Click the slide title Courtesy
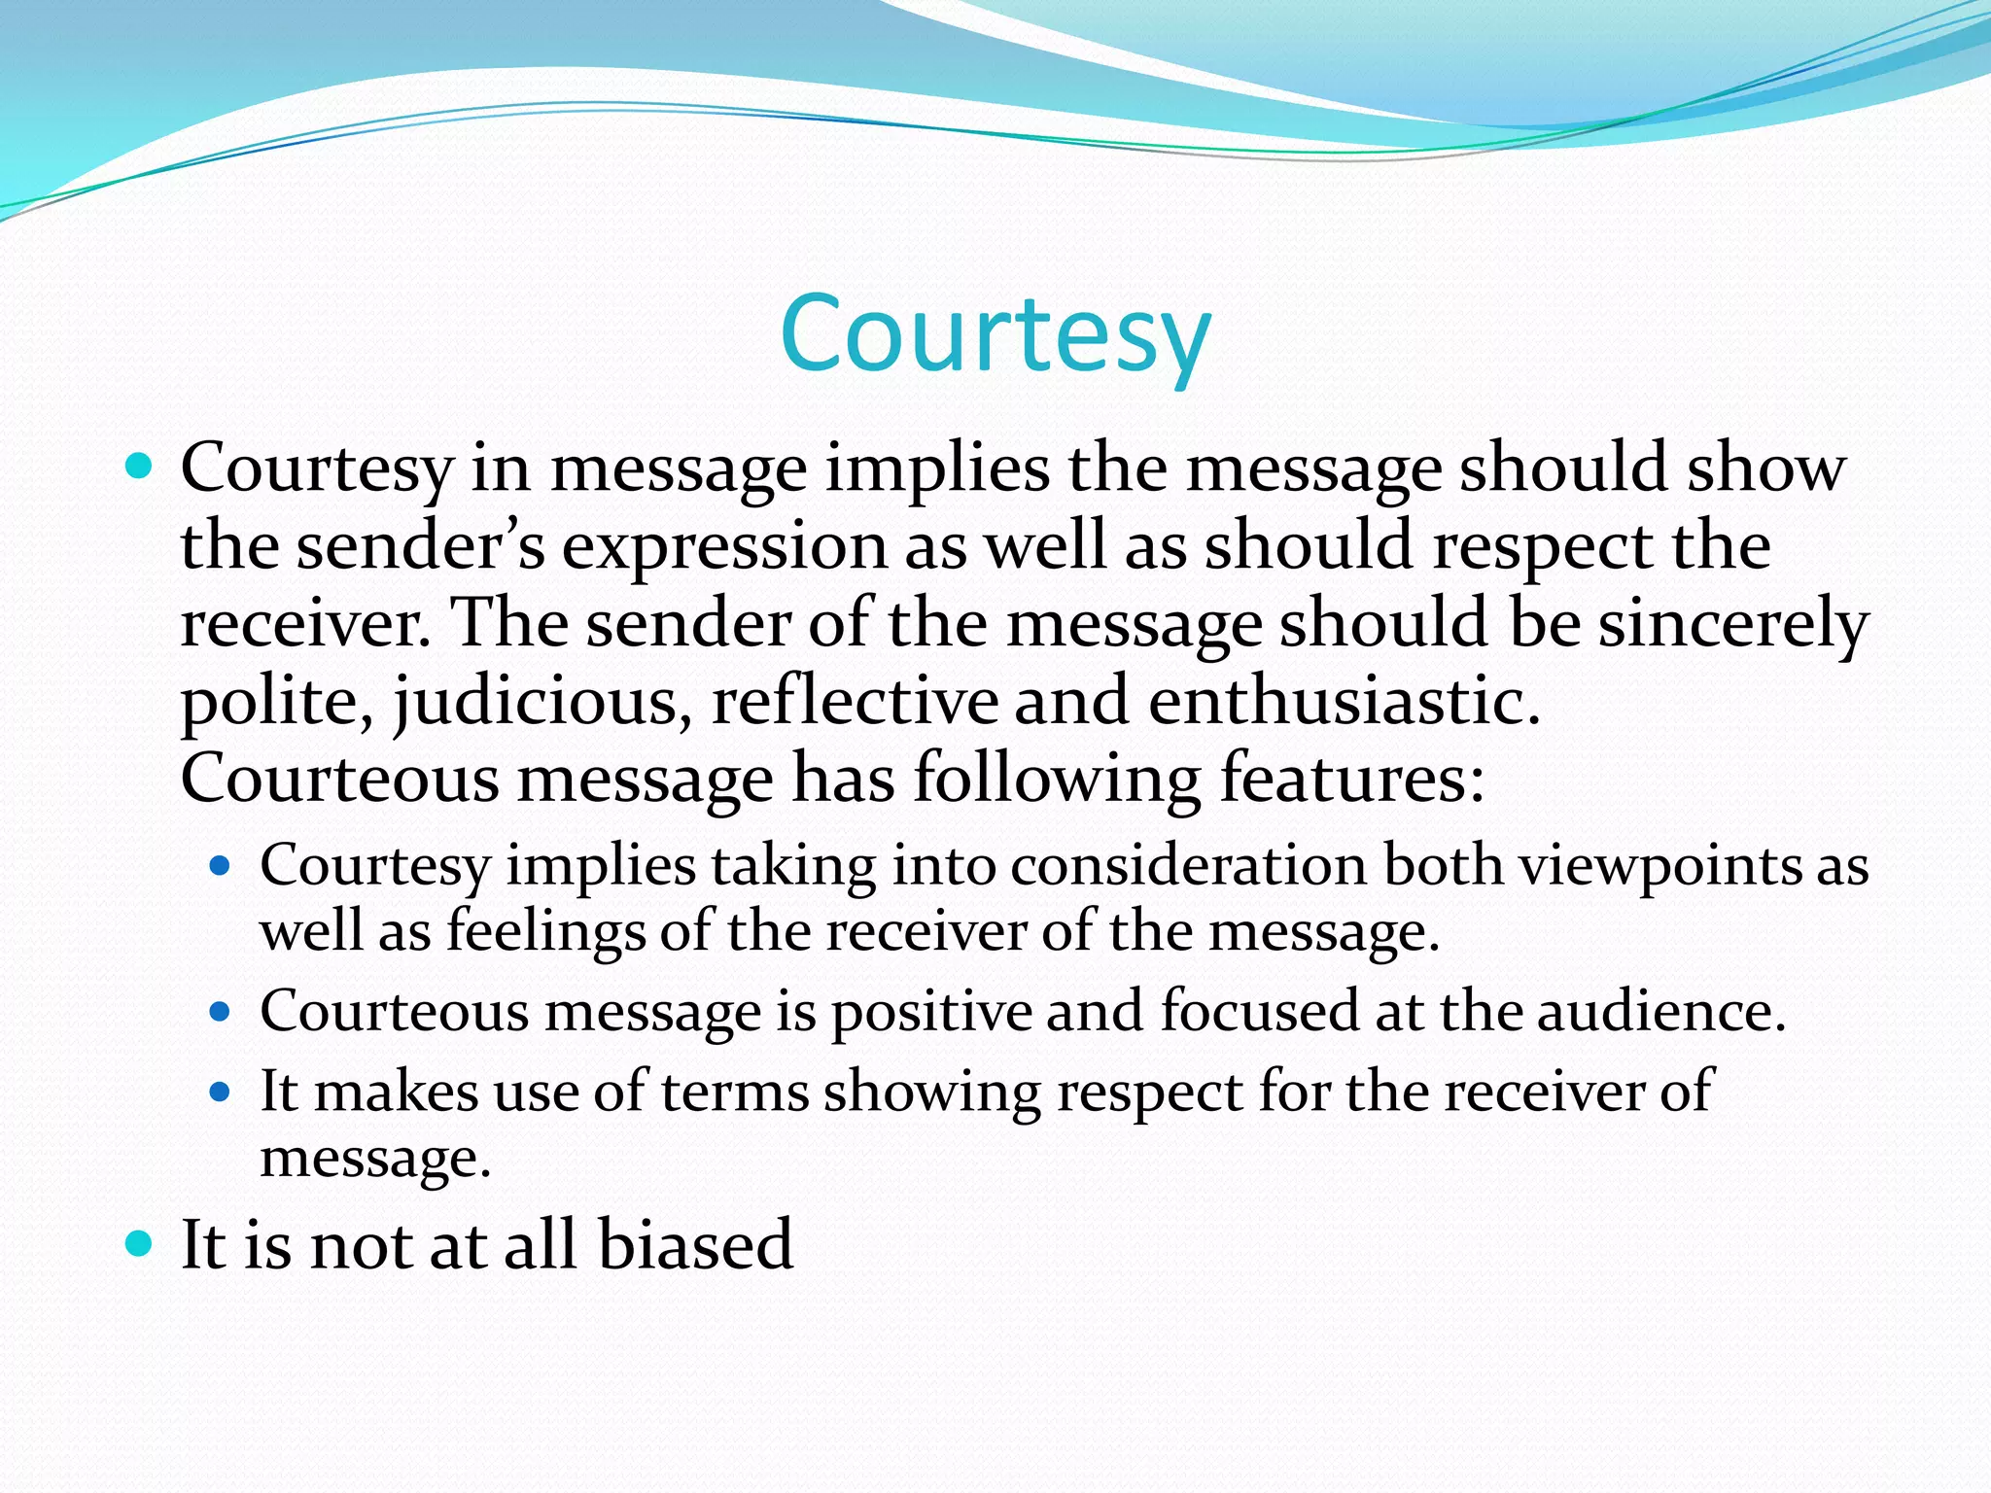(x=995, y=335)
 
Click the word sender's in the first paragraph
(x=420, y=546)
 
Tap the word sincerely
(x=1733, y=624)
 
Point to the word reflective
(x=855, y=702)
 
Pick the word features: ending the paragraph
(x=1351, y=780)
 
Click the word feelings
(x=545, y=931)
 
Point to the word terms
(x=735, y=1092)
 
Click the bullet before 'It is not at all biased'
(x=140, y=1243)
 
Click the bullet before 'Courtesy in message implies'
(x=140, y=468)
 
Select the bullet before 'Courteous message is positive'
(x=220, y=1012)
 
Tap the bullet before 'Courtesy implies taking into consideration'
(x=220, y=865)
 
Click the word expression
(x=725, y=546)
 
